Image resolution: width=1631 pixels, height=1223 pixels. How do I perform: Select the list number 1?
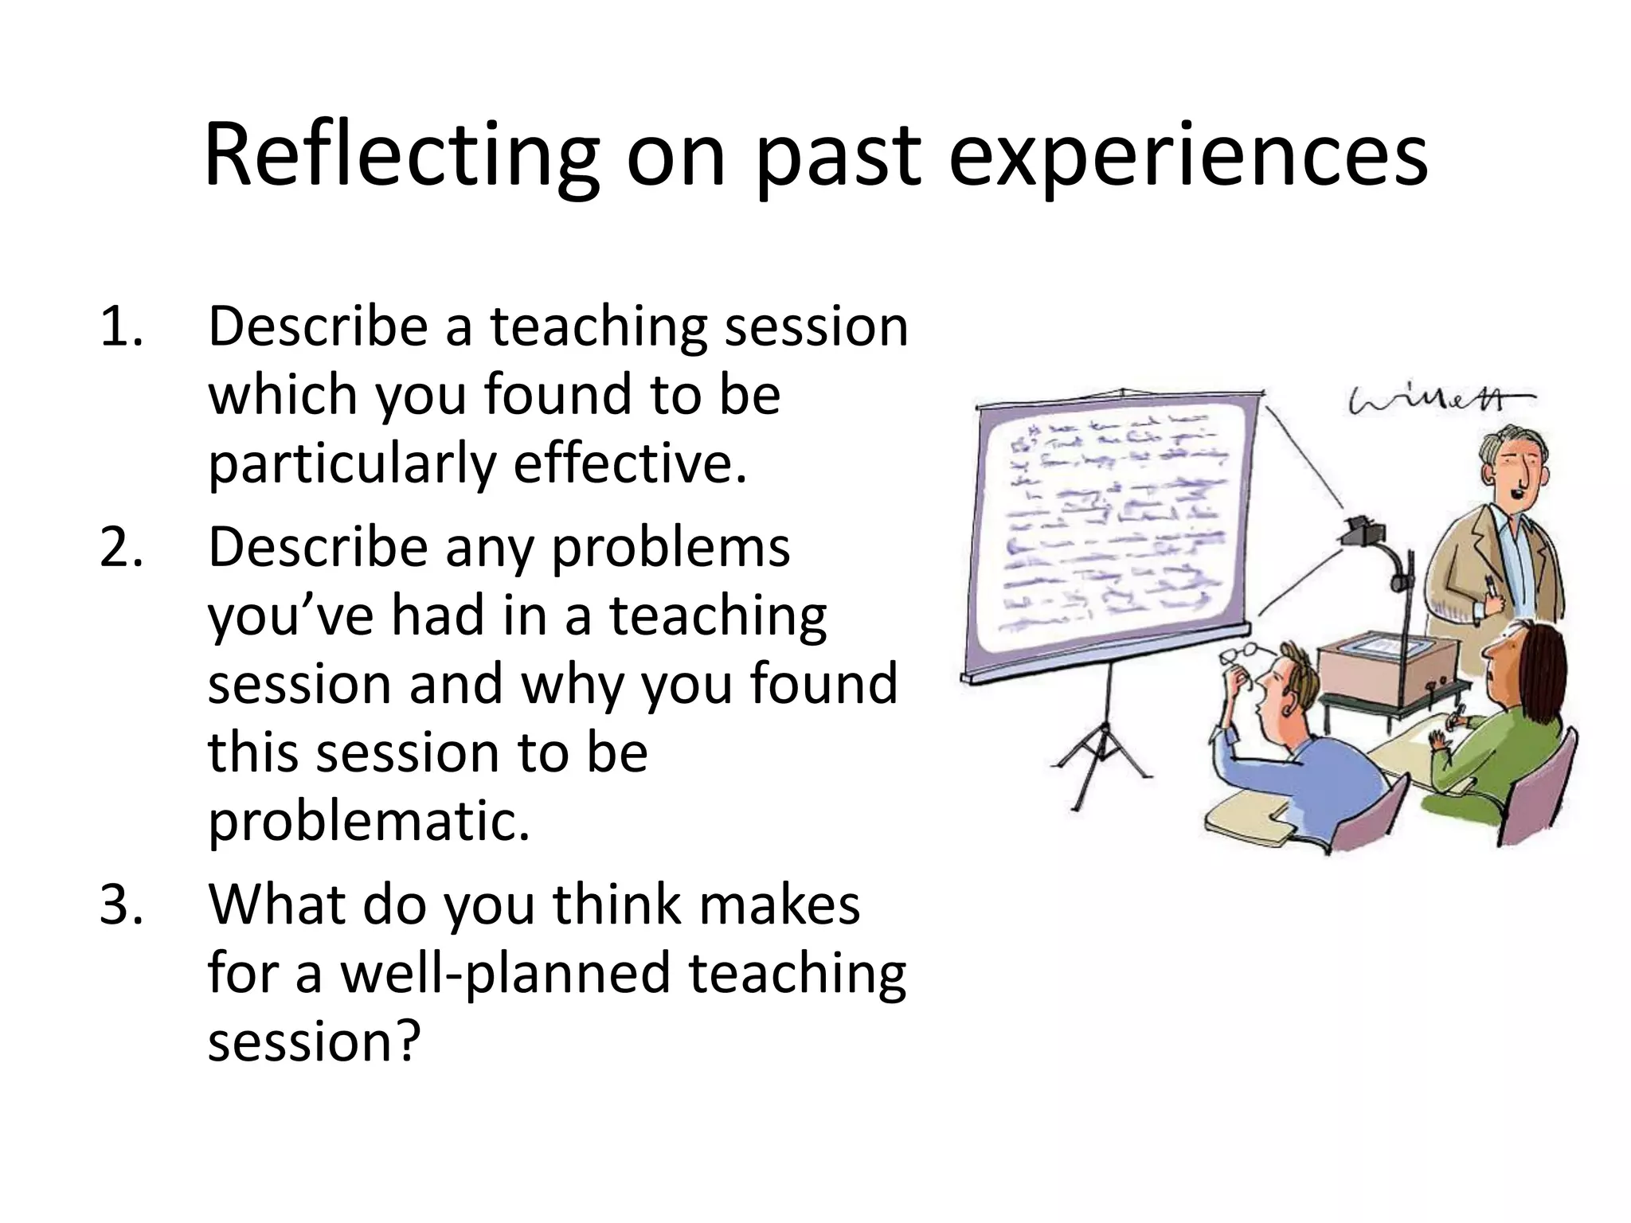[x=121, y=327]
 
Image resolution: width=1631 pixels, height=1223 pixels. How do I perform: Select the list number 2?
[x=121, y=548]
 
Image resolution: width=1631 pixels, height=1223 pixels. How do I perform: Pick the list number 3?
[x=121, y=905]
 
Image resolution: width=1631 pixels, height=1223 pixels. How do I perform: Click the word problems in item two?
[x=671, y=548]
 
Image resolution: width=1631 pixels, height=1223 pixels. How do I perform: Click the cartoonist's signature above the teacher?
[x=1437, y=403]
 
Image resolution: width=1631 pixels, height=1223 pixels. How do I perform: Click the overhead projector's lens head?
[x=1363, y=529]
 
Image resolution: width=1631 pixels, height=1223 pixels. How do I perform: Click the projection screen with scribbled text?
[x=1115, y=526]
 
